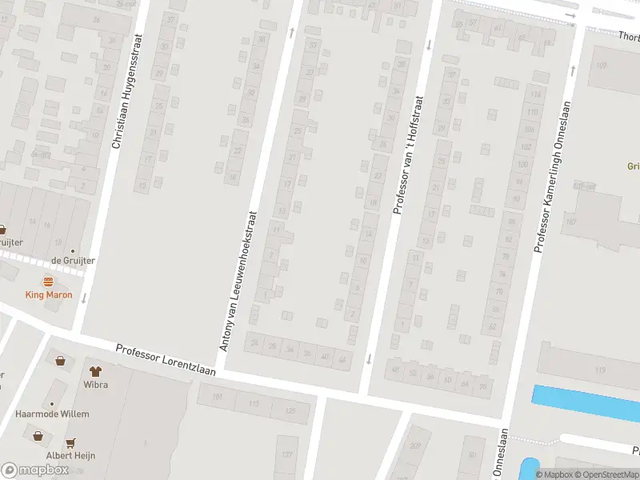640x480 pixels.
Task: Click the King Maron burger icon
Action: click(x=48, y=282)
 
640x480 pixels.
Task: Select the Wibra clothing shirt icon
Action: click(x=96, y=371)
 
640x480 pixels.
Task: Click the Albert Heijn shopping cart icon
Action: click(x=70, y=442)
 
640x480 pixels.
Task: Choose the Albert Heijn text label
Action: click(x=70, y=455)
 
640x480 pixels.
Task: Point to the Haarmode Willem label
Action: click(x=53, y=414)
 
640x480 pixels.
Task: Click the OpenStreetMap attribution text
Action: click(x=606, y=474)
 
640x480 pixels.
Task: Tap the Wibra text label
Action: click(x=96, y=384)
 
